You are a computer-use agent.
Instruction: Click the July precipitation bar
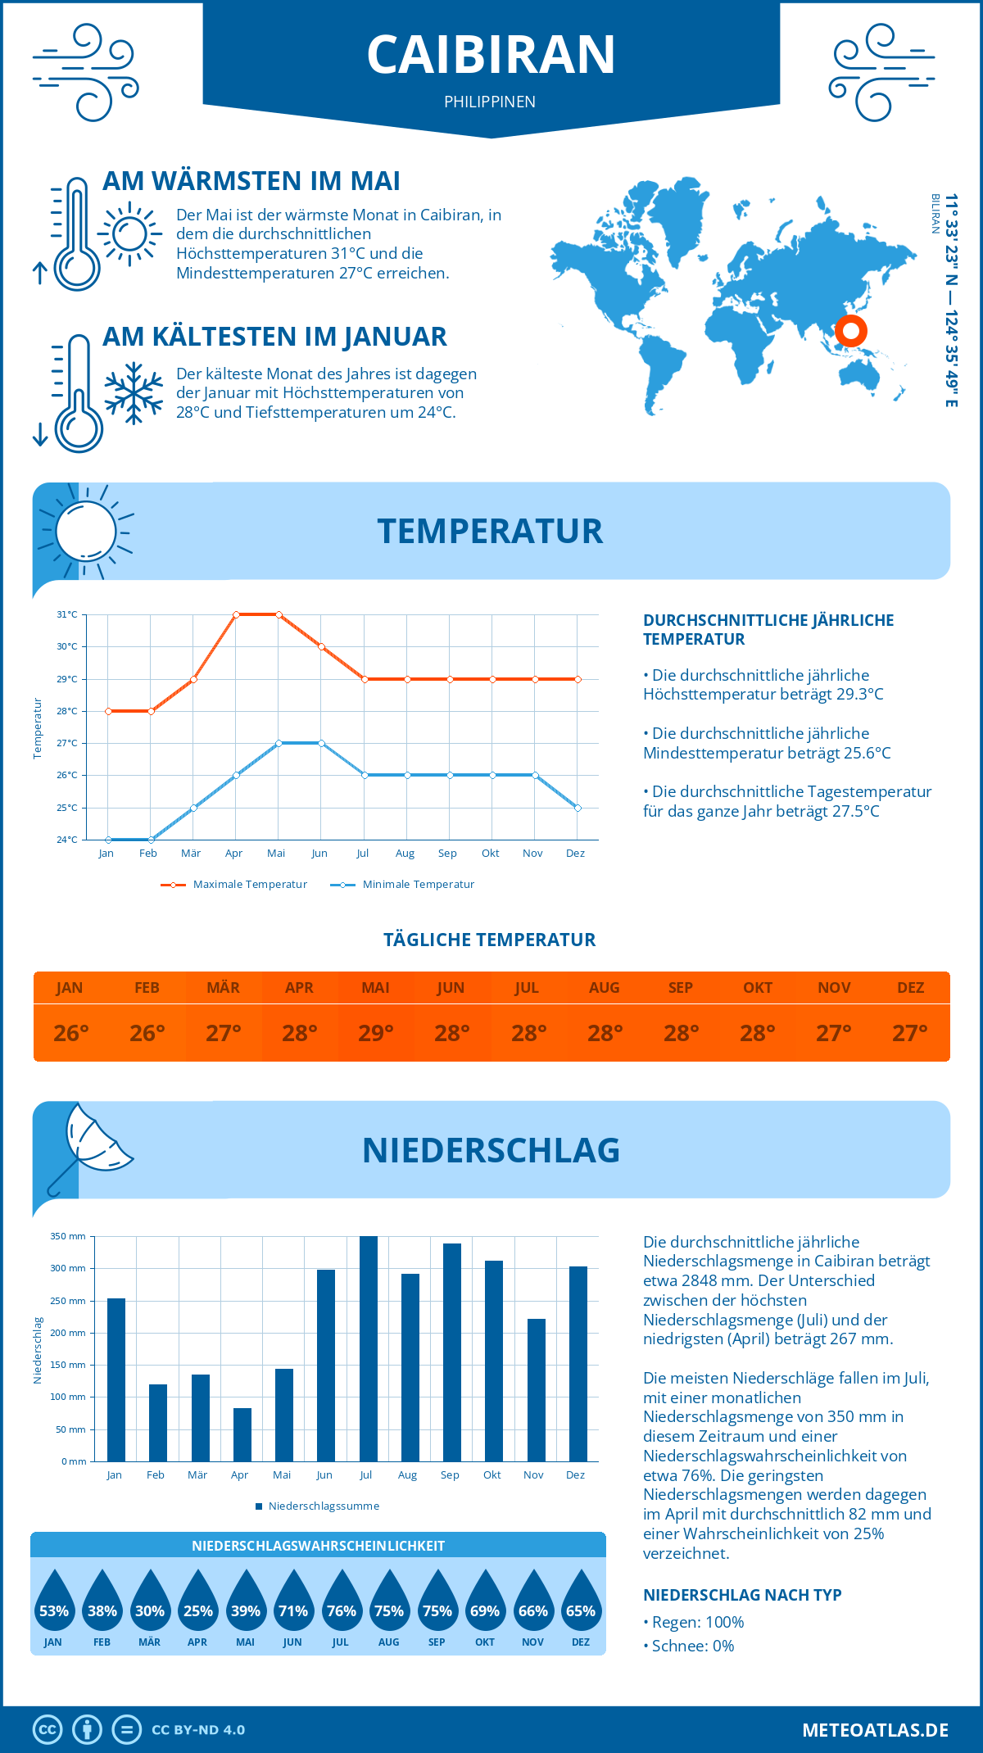point(368,1348)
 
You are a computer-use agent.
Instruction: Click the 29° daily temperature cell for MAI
point(375,1033)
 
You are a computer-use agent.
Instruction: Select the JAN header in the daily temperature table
point(70,988)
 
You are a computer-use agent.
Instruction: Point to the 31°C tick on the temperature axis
point(67,614)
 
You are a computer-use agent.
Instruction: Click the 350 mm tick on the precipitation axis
point(68,1236)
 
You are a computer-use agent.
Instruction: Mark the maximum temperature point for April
point(236,614)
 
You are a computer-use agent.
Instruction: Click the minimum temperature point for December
point(578,808)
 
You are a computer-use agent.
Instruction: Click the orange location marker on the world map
point(850,331)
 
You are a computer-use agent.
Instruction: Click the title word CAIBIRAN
point(491,55)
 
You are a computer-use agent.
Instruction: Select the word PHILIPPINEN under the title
point(490,102)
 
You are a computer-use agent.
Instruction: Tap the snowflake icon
point(134,392)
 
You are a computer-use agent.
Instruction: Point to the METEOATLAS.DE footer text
point(875,1730)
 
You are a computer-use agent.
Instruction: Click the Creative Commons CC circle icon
point(48,1729)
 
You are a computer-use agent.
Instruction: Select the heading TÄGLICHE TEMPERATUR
point(490,940)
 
